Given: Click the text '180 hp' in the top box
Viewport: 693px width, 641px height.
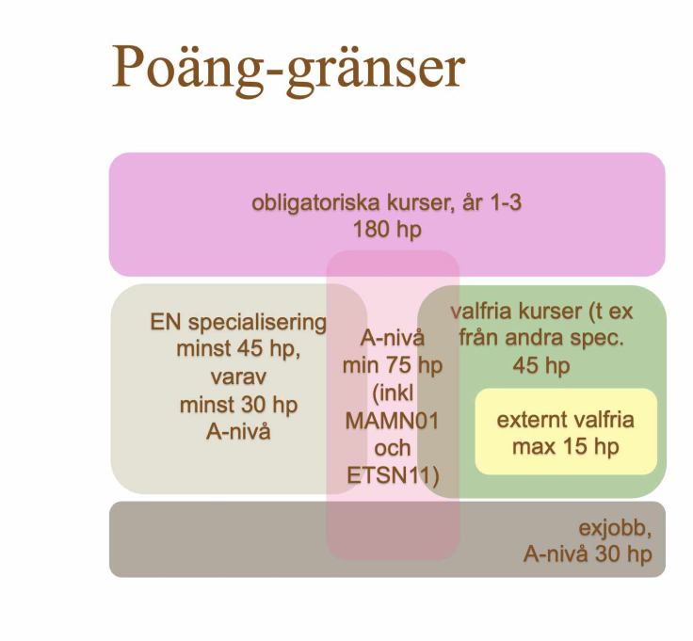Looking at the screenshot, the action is pyautogui.click(x=387, y=231).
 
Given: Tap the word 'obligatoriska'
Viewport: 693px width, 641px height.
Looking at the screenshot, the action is pyautogui.click(x=316, y=203).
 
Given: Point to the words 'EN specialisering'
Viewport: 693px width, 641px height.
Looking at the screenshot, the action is pyautogui.click(x=238, y=322).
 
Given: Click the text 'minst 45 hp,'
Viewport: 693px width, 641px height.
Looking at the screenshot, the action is pyautogui.click(x=238, y=349).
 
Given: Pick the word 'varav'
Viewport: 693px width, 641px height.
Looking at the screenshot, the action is pyautogui.click(x=238, y=377).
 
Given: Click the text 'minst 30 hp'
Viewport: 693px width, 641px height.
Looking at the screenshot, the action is pyautogui.click(x=238, y=405).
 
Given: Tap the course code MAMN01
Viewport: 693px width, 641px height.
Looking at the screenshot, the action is pyautogui.click(x=392, y=421).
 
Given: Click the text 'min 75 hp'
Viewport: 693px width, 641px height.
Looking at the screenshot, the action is pyautogui.click(x=393, y=366).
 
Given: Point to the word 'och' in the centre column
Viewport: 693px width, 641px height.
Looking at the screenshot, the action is pyautogui.click(x=393, y=448).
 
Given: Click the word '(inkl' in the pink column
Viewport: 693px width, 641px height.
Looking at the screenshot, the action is pyautogui.click(x=393, y=393).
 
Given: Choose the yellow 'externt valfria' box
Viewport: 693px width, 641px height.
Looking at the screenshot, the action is pyautogui.click(x=566, y=432).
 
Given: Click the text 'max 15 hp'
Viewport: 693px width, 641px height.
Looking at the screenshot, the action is pyautogui.click(x=566, y=447).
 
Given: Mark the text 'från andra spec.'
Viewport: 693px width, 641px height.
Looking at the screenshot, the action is pyautogui.click(x=541, y=339).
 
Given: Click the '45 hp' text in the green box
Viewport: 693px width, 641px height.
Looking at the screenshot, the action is pyautogui.click(x=541, y=366).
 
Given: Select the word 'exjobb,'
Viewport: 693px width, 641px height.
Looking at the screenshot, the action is pyautogui.click(x=615, y=528).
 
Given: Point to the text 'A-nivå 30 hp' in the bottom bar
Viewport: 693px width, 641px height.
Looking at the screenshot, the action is pyautogui.click(x=588, y=554).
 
